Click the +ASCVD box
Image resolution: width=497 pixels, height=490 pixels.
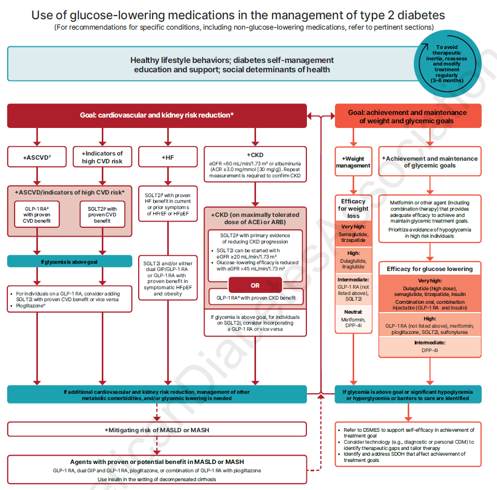[x=36, y=157]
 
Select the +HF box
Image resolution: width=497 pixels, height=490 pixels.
[x=168, y=157]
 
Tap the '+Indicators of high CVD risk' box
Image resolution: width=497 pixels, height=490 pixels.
[x=102, y=157]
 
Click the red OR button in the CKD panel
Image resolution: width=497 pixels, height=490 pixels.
[x=255, y=285]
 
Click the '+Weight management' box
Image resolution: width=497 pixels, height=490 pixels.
[x=353, y=162]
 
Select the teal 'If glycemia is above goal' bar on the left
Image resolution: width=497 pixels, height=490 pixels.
[x=70, y=261]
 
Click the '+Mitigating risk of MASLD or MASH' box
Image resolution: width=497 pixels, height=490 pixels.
[x=157, y=429]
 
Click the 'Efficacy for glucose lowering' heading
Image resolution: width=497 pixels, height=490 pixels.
[x=429, y=269]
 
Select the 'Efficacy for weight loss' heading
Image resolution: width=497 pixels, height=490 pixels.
[x=353, y=208]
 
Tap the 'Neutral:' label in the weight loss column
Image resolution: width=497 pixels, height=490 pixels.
[x=353, y=312]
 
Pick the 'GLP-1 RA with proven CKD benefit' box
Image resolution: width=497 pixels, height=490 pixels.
[x=255, y=298]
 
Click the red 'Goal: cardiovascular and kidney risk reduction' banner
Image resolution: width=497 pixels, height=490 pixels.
[x=157, y=115]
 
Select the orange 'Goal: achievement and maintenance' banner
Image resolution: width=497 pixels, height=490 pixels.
[x=407, y=117]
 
